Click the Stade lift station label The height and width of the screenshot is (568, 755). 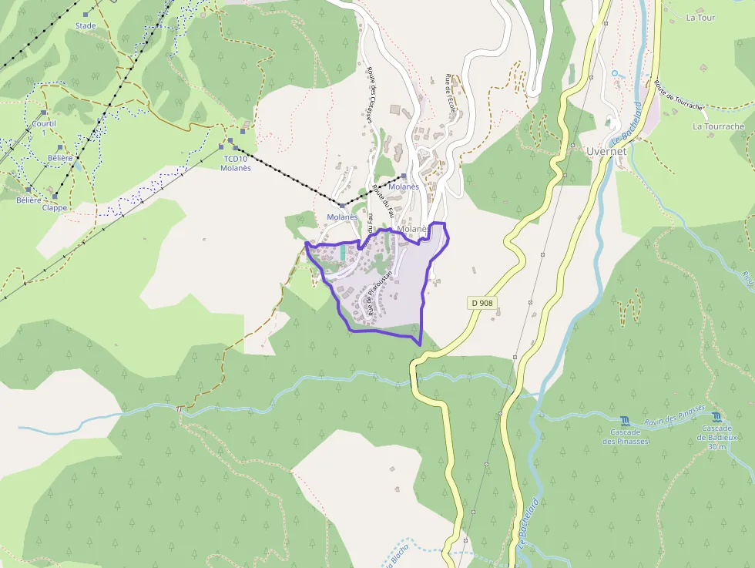[86, 25]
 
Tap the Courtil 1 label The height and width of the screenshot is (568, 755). [44, 128]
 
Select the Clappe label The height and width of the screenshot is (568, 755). [55, 207]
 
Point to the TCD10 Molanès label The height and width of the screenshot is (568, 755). [236, 163]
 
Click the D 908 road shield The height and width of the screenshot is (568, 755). [482, 303]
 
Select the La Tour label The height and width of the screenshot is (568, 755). [700, 18]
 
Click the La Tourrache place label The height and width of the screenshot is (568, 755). [718, 126]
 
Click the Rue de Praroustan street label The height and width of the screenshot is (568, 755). [381, 293]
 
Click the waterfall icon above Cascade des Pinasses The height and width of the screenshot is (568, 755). [625, 421]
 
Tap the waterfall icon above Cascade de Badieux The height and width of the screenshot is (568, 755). [716, 416]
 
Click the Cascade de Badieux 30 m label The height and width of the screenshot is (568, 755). [716, 437]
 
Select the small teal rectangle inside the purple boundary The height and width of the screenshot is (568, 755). [342, 253]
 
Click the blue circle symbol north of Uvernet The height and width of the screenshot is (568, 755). [614, 73]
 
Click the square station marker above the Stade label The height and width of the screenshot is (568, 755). [86, 14]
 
